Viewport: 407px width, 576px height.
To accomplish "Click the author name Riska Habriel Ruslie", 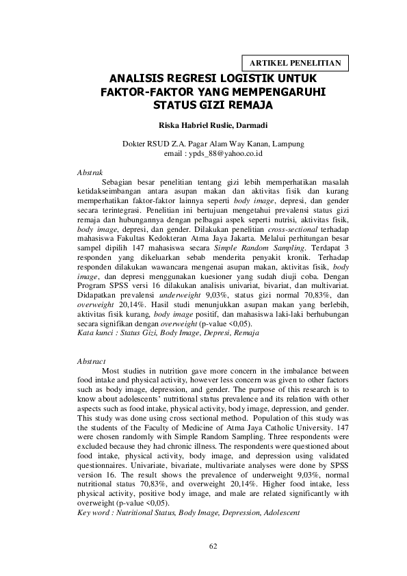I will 192,126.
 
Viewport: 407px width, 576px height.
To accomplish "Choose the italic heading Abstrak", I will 90,172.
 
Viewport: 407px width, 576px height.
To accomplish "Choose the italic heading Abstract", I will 91,361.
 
